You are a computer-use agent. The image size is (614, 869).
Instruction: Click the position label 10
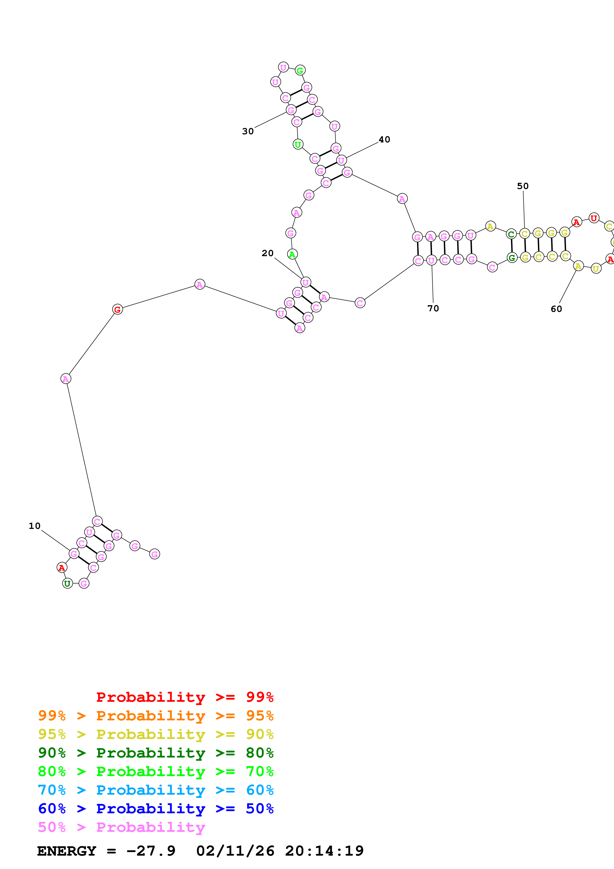(x=34, y=526)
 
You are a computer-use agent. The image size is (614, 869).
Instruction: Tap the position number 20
(x=267, y=253)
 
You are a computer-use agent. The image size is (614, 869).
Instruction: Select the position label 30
(x=248, y=131)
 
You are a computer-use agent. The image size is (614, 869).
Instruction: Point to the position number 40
(x=384, y=140)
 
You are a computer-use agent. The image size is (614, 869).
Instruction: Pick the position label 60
(x=556, y=309)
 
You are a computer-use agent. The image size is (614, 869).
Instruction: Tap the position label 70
(x=433, y=308)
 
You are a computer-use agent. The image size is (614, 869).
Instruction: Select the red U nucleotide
(x=594, y=218)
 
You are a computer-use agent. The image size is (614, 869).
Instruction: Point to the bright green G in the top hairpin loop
(x=300, y=70)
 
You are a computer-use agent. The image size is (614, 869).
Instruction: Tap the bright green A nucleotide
(x=292, y=254)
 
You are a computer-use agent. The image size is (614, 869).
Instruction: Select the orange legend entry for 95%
(x=156, y=716)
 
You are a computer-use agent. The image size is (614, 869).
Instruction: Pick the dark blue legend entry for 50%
(x=156, y=809)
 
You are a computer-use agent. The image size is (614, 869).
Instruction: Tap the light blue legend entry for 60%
(x=156, y=790)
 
